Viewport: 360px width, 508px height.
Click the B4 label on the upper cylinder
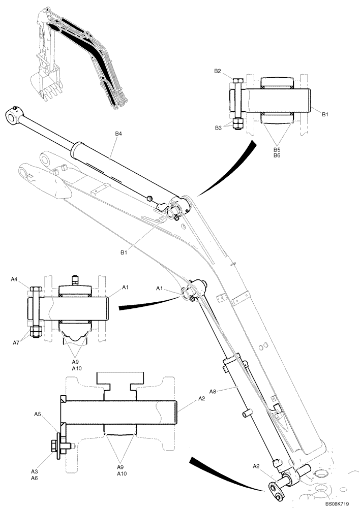pos(118,134)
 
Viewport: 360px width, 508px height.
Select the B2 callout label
pos(217,71)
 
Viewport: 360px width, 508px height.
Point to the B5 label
pos(277,149)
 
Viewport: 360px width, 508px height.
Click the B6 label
pos(277,156)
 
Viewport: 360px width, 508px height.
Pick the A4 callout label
pos(15,279)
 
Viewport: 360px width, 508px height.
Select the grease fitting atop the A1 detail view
pos(74,279)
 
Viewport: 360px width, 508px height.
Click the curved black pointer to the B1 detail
pos(226,170)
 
